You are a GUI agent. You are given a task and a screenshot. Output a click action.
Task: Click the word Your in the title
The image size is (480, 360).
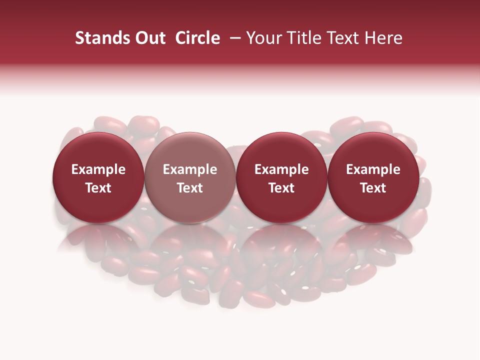pyautogui.click(x=263, y=38)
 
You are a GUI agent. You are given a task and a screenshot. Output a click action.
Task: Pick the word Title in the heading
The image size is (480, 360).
pyautogui.click(x=302, y=38)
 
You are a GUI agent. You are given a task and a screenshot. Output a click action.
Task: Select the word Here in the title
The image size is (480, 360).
pyautogui.click(x=384, y=38)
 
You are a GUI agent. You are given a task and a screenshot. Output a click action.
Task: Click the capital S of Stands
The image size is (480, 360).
pyautogui.click(x=79, y=38)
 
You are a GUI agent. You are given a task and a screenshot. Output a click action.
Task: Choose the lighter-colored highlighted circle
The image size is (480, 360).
pyautogui.click(x=190, y=178)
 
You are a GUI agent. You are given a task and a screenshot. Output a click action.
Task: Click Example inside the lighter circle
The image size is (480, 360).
pyautogui.click(x=190, y=169)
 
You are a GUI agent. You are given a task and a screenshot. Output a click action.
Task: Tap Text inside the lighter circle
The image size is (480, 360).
pyautogui.click(x=190, y=188)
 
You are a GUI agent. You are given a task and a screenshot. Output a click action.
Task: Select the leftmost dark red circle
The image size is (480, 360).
pyautogui.click(x=98, y=178)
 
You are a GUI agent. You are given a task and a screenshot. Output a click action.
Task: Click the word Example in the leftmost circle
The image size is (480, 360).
pyautogui.click(x=98, y=169)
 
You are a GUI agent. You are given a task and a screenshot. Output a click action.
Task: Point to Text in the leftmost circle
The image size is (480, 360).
pyautogui.click(x=98, y=188)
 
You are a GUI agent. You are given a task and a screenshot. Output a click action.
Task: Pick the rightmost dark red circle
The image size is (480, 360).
pyautogui.click(x=373, y=178)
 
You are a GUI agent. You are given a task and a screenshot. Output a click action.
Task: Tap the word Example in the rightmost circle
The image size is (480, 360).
pyautogui.click(x=373, y=169)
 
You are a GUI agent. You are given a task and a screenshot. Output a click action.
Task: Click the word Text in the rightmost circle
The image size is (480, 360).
pyautogui.click(x=373, y=188)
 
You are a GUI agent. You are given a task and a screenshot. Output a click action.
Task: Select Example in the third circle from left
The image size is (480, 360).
pyautogui.click(x=281, y=169)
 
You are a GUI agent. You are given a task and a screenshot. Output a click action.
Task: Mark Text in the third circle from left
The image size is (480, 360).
pyautogui.click(x=281, y=188)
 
